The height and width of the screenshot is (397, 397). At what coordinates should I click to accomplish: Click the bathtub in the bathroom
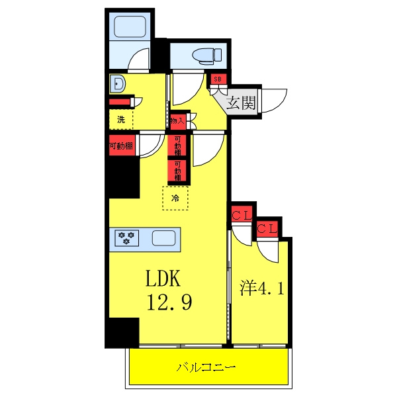tap(130, 28)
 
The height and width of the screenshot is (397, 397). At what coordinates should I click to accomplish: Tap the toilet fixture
tap(198, 55)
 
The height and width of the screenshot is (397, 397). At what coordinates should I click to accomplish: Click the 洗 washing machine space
tap(121, 120)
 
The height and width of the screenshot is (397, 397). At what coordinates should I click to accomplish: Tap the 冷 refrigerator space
tap(175, 198)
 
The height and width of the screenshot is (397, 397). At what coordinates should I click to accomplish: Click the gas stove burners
tap(125, 237)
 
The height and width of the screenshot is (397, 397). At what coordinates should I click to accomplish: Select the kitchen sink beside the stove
tap(163, 237)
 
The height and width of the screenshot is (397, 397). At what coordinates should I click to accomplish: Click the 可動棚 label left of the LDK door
tap(122, 146)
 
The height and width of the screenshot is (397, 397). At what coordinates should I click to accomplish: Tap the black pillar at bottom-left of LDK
tap(124, 332)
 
